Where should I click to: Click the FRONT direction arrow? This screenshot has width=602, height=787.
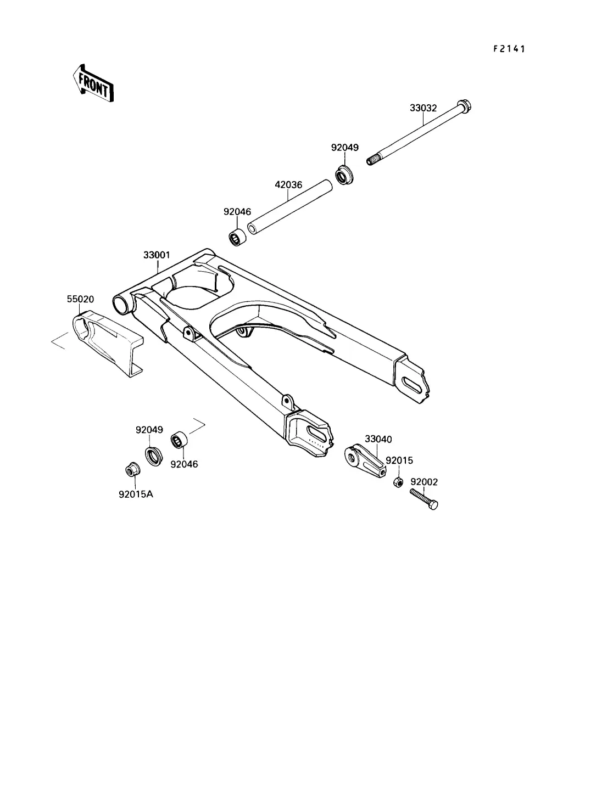tap(93, 83)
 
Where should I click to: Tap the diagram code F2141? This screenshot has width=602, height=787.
tap(509, 49)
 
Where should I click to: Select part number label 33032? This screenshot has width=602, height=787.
tap(423, 108)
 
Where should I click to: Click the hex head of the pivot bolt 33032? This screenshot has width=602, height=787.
tap(464, 106)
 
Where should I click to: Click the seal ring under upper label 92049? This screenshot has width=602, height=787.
tap(344, 175)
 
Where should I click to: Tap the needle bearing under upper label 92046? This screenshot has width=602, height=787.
tap(237, 237)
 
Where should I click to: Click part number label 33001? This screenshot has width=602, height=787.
tap(157, 255)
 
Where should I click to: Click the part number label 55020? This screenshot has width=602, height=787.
tap(80, 299)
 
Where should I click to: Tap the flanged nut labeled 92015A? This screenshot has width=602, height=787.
tap(133, 469)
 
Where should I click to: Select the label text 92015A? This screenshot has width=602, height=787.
tap(136, 494)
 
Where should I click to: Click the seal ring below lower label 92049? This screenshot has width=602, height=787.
tap(154, 457)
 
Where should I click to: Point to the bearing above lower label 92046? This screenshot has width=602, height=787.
tap(180, 440)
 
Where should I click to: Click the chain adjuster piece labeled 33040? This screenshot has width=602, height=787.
tap(365, 460)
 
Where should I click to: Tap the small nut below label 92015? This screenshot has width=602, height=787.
tap(398, 482)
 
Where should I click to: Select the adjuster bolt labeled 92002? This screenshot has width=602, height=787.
tap(423, 499)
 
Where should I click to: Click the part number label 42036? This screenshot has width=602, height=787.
tap(288, 184)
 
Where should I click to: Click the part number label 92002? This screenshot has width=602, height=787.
tap(424, 482)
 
